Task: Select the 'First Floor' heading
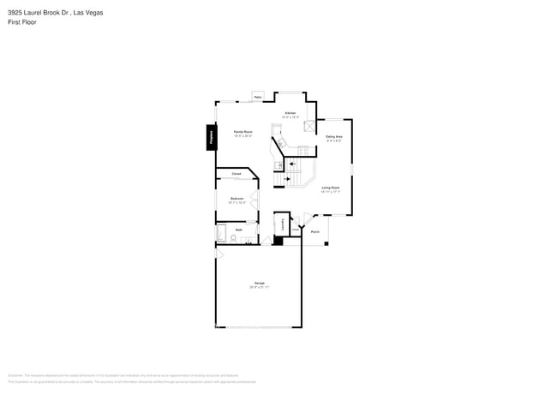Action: point(22,22)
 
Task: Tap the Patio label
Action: point(257,98)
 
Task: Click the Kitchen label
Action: point(290,113)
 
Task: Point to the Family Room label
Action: point(243,132)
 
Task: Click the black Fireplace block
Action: point(210,137)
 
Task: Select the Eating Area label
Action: point(333,137)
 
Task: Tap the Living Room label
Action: point(330,188)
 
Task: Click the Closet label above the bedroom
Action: point(237,174)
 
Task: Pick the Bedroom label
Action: point(237,199)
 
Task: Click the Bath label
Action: point(239,230)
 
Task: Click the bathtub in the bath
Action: point(220,233)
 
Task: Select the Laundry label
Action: point(283,224)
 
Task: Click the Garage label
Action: point(258,283)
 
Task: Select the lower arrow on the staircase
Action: point(286,179)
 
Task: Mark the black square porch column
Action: point(326,243)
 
